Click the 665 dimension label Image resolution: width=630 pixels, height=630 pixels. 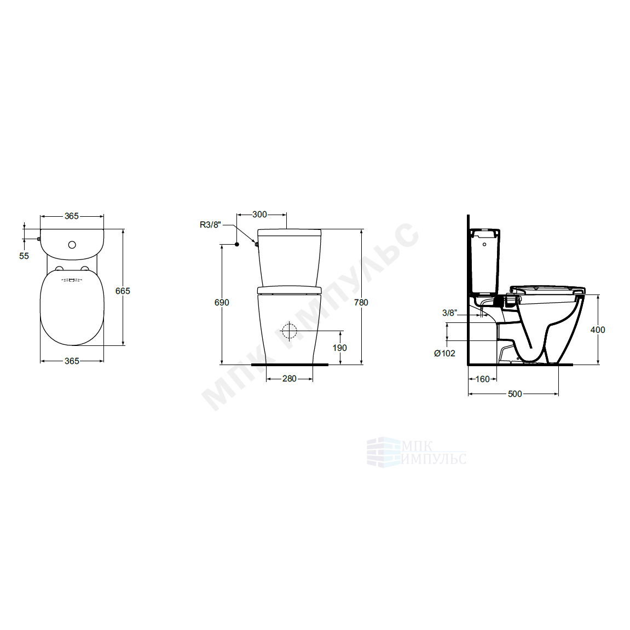pyautogui.click(x=123, y=291)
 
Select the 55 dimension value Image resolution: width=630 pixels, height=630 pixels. pyautogui.click(x=24, y=256)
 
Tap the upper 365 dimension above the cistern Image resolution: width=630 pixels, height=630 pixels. pyautogui.click(x=72, y=216)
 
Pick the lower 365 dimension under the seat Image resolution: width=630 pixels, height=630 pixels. pyautogui.click(x=72, y=361)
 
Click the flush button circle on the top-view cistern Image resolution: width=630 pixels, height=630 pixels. pyautogui.click(x=72, y=245)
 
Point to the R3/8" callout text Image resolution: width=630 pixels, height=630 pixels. pyautogui.click(x=210, y=225)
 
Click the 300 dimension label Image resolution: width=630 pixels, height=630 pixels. pyautogui.click(x=259, y=215)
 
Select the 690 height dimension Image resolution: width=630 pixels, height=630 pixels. pyautogui.click(x=222, y=303)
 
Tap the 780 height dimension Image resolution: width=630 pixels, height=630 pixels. pyautogui.click(x=361, y=303)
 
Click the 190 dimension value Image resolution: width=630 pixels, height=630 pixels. pyautogui.click(x=339, y=348)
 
